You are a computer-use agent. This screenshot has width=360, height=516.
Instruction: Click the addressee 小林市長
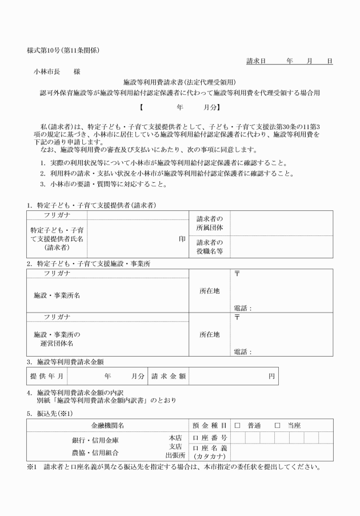click(49, 72)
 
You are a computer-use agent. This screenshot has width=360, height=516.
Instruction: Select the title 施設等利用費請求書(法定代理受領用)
click(180, 82)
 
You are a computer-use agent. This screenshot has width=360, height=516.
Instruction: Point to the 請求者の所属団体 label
click(210, 223)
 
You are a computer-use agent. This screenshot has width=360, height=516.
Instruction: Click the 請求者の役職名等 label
click(210, 246)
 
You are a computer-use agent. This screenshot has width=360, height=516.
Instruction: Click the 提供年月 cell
click(45, 376)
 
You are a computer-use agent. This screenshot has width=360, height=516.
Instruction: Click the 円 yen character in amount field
click(272, 376)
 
